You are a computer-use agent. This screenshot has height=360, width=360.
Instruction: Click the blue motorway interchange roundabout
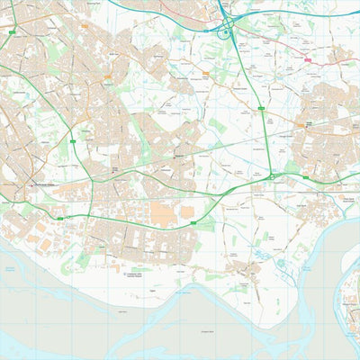[223, 34]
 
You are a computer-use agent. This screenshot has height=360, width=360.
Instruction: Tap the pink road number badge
[308, 59]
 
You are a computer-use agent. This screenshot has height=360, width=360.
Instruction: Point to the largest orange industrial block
[163, 213]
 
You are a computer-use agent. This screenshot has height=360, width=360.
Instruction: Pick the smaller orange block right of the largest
[188, 212]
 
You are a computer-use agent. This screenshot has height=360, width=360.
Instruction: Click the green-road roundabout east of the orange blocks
[272, 177]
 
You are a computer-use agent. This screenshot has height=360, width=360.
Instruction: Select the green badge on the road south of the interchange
[261, 109]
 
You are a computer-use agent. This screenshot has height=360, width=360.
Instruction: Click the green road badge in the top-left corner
[12, 32]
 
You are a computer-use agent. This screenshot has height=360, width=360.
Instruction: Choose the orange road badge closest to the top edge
[85, 26]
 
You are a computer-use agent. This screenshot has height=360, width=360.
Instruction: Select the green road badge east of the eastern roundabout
[305, 178]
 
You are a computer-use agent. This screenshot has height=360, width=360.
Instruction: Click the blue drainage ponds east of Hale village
[281, 264]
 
